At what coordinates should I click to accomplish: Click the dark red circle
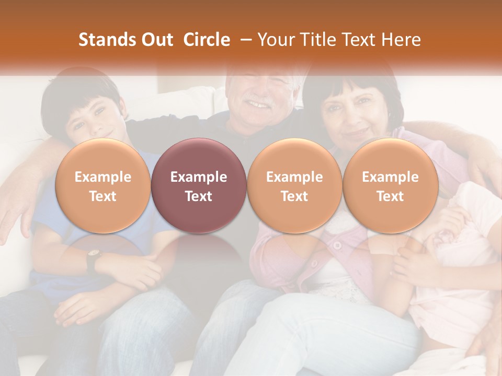click(199, 186)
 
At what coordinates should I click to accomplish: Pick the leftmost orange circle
click(103, 186)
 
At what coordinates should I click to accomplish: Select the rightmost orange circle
click(390, 186)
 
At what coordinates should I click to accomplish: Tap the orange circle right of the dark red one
click(294, 186)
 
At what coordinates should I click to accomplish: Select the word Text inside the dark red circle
click(199, 196)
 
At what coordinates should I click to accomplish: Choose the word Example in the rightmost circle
click(390, 177)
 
